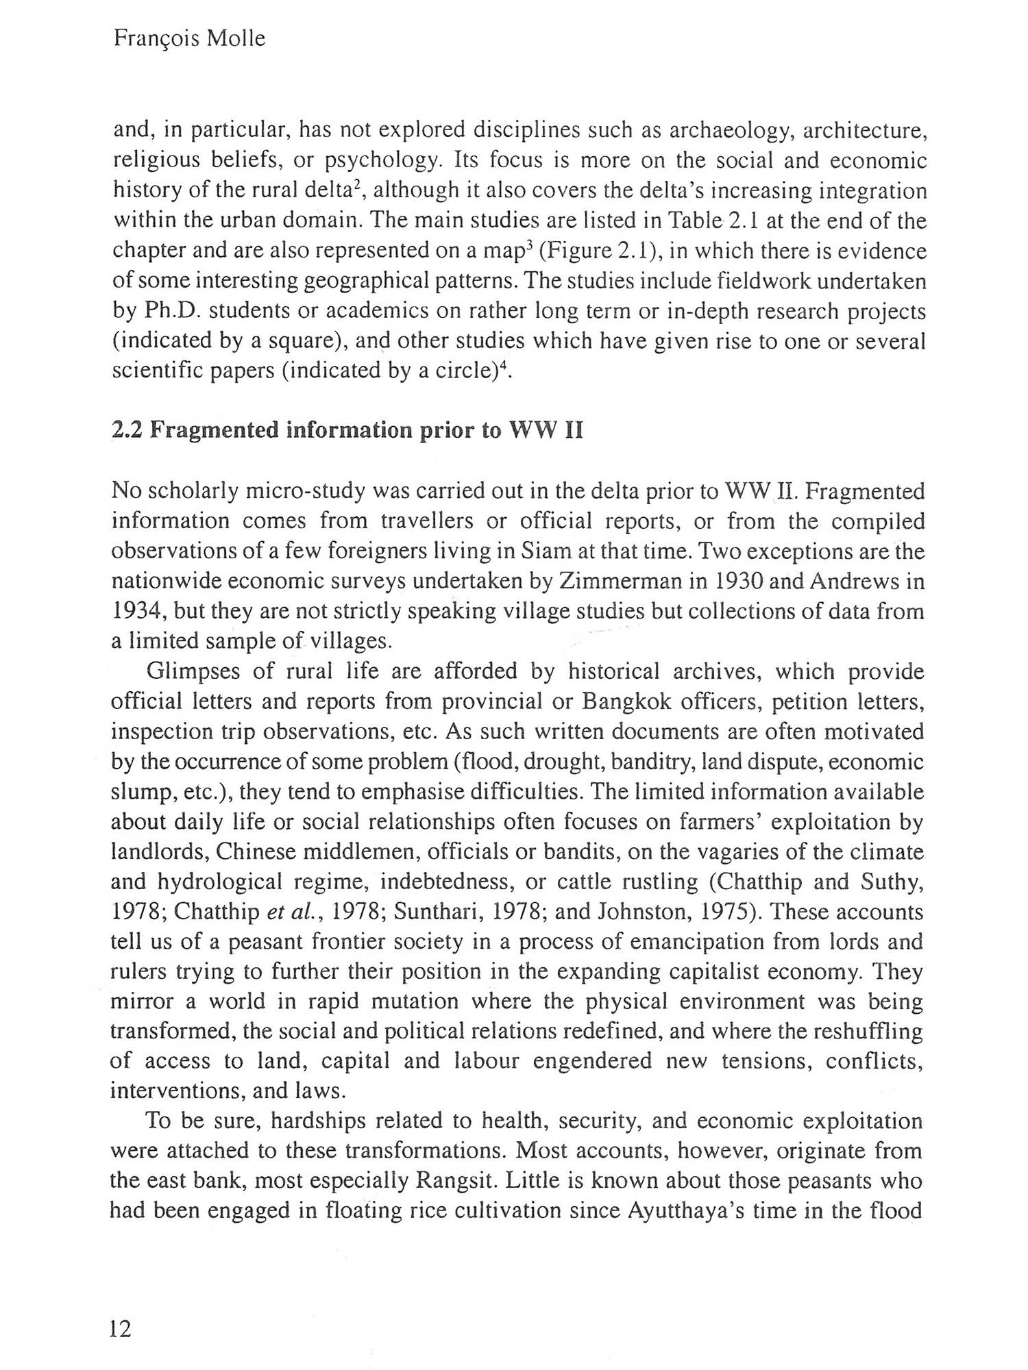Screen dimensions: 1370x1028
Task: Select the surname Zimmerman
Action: pos(614,582)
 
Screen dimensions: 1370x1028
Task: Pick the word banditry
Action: pos(600,762)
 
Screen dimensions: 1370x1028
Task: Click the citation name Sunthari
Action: pos(439,912)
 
